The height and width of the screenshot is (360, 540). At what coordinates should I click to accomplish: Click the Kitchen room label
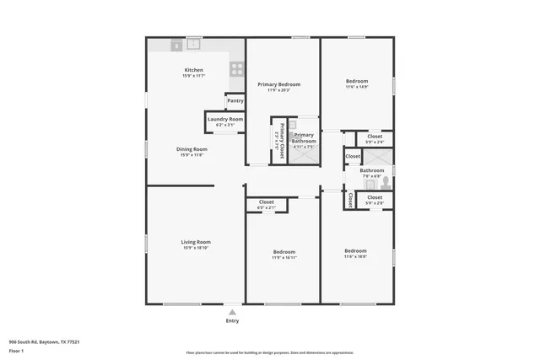(193, 70)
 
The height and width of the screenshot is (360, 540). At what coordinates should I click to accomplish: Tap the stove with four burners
(237, 70)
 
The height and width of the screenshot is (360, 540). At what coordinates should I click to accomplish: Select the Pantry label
(235, 101)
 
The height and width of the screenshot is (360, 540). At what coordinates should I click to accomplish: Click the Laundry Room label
(224, 120)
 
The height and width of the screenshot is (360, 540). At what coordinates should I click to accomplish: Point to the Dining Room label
(193, 149)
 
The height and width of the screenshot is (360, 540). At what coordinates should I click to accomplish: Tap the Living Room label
(195, 242)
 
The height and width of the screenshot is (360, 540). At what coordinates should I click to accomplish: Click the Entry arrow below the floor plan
(232, 312)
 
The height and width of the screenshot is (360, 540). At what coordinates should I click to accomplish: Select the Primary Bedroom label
(278, 84)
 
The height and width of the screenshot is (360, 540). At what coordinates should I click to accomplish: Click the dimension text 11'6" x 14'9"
(356, 87)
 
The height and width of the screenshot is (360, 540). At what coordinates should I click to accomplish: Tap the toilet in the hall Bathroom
(385, 181)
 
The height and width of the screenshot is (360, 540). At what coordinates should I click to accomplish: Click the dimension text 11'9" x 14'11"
(283, 258)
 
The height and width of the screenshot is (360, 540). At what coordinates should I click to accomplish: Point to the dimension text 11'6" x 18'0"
(355, 256)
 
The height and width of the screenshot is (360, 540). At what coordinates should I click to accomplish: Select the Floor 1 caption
(17, 351)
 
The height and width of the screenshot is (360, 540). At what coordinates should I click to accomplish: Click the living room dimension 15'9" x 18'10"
(195, 248)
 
